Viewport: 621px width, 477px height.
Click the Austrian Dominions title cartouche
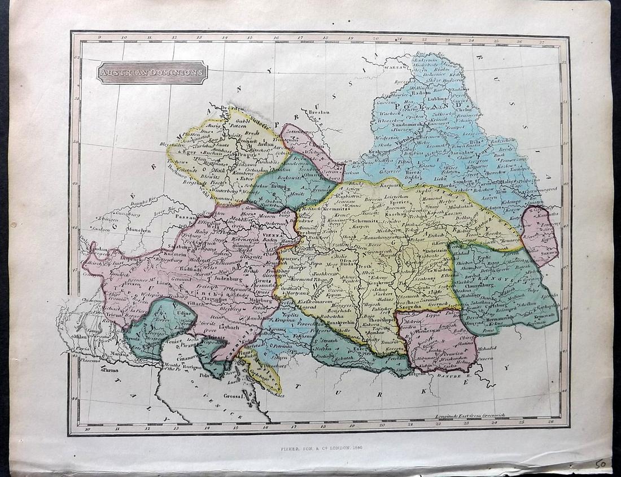(x=152, y=72)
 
